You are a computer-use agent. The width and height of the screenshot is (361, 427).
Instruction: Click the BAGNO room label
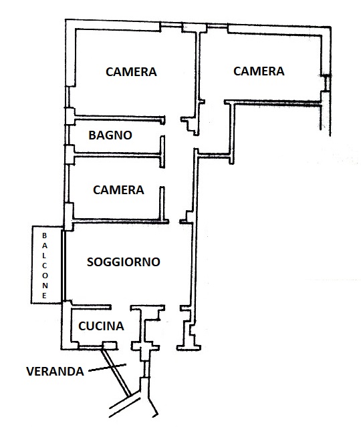click(110, 135)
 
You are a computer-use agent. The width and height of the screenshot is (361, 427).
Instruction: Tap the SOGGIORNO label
click(123, 262)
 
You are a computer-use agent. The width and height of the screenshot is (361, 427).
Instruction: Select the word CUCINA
click(101, 326)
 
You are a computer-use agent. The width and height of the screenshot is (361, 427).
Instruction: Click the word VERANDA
click(55, 371)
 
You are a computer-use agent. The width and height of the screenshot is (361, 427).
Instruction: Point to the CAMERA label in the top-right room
click(259, 71)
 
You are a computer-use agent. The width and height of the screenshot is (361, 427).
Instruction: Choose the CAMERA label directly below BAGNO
click(118, 189)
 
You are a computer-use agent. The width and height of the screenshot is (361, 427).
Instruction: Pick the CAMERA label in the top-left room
click(131, 71)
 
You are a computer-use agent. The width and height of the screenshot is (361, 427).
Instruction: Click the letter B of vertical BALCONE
click(45, 236)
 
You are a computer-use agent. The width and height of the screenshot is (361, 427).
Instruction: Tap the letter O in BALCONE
click(45, 276)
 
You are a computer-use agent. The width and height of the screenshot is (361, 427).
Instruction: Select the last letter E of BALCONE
click(45, 296)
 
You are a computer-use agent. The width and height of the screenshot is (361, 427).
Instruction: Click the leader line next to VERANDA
click(108, 367)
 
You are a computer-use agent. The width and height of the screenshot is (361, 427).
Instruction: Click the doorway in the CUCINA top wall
click(120, 307)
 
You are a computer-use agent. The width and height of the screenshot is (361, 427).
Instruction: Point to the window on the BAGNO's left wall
click(67, 135)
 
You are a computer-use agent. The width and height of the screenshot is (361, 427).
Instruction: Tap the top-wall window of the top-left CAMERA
click(171, 25)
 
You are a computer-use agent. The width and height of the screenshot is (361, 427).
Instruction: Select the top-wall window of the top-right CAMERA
click(217, 26)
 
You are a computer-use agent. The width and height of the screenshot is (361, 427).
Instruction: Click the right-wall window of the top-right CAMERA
click(326, 83)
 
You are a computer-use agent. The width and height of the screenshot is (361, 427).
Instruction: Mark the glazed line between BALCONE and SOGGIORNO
click(64, 266)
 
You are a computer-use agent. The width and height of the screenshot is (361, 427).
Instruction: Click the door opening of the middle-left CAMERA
click(162, 177)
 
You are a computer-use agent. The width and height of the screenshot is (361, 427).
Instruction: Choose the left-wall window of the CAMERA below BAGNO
click(66, 183)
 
